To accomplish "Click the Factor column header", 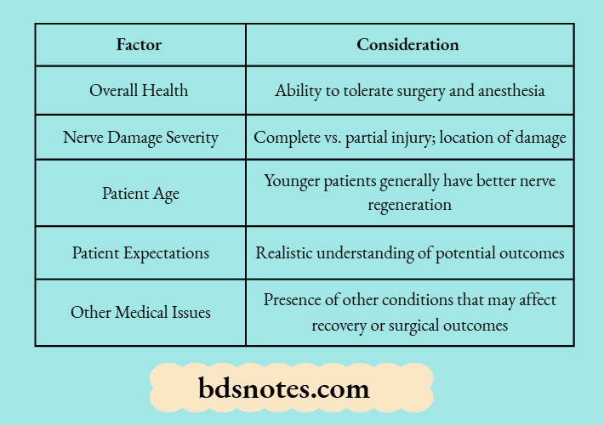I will (139, 45).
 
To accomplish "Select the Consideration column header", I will (407, 45).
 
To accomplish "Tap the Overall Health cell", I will (139, 90).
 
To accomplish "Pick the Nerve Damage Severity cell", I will (140, 138).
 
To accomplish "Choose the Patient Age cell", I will (140, 193).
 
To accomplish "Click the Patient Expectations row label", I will (140, 252).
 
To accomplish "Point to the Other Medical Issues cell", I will (140, 312).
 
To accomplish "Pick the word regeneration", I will (409, 205).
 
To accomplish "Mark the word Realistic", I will (286, 252).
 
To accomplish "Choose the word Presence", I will (293, 300).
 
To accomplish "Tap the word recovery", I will (340, 325).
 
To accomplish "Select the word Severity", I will (189, 138).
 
